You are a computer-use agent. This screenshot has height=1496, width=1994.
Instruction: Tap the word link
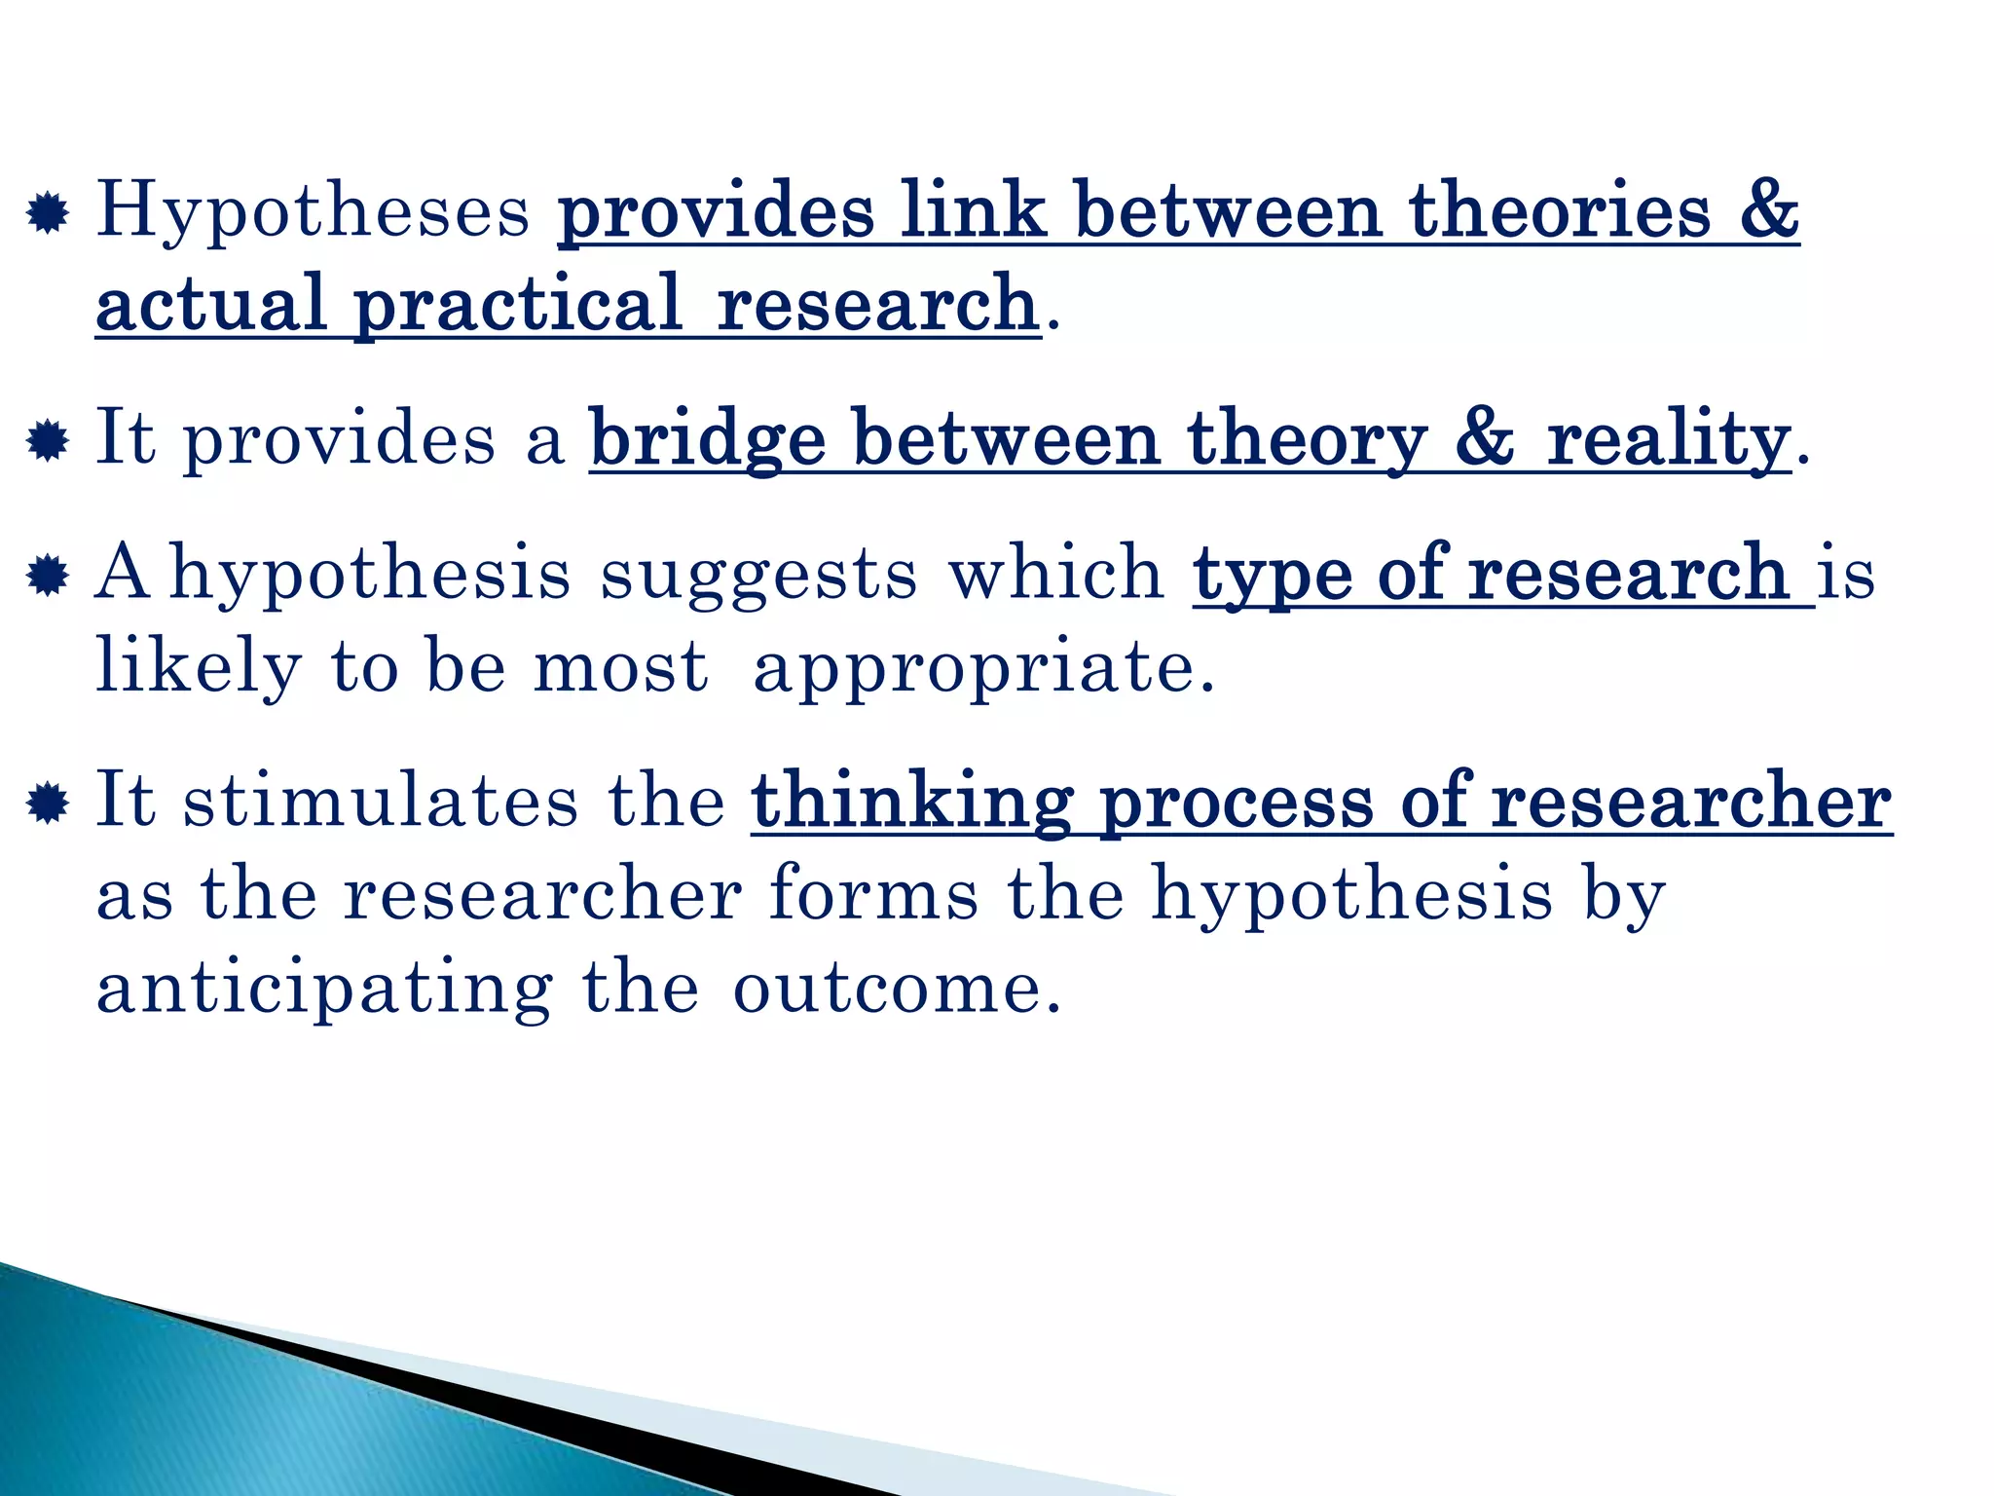point(973,210)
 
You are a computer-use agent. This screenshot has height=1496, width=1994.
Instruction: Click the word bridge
point(708,440)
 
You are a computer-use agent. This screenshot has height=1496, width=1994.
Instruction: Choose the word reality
point(1668,440)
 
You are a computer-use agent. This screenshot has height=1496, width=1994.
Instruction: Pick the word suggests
point(758,574)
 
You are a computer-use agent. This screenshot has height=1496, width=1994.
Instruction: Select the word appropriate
point(984,670)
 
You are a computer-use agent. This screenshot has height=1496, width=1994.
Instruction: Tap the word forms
point(873,894)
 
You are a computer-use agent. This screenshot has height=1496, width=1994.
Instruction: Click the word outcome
point(896,988)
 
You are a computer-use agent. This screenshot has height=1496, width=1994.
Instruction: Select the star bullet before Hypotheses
point(48,214)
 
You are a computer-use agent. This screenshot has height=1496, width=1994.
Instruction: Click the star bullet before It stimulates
point(48,804)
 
